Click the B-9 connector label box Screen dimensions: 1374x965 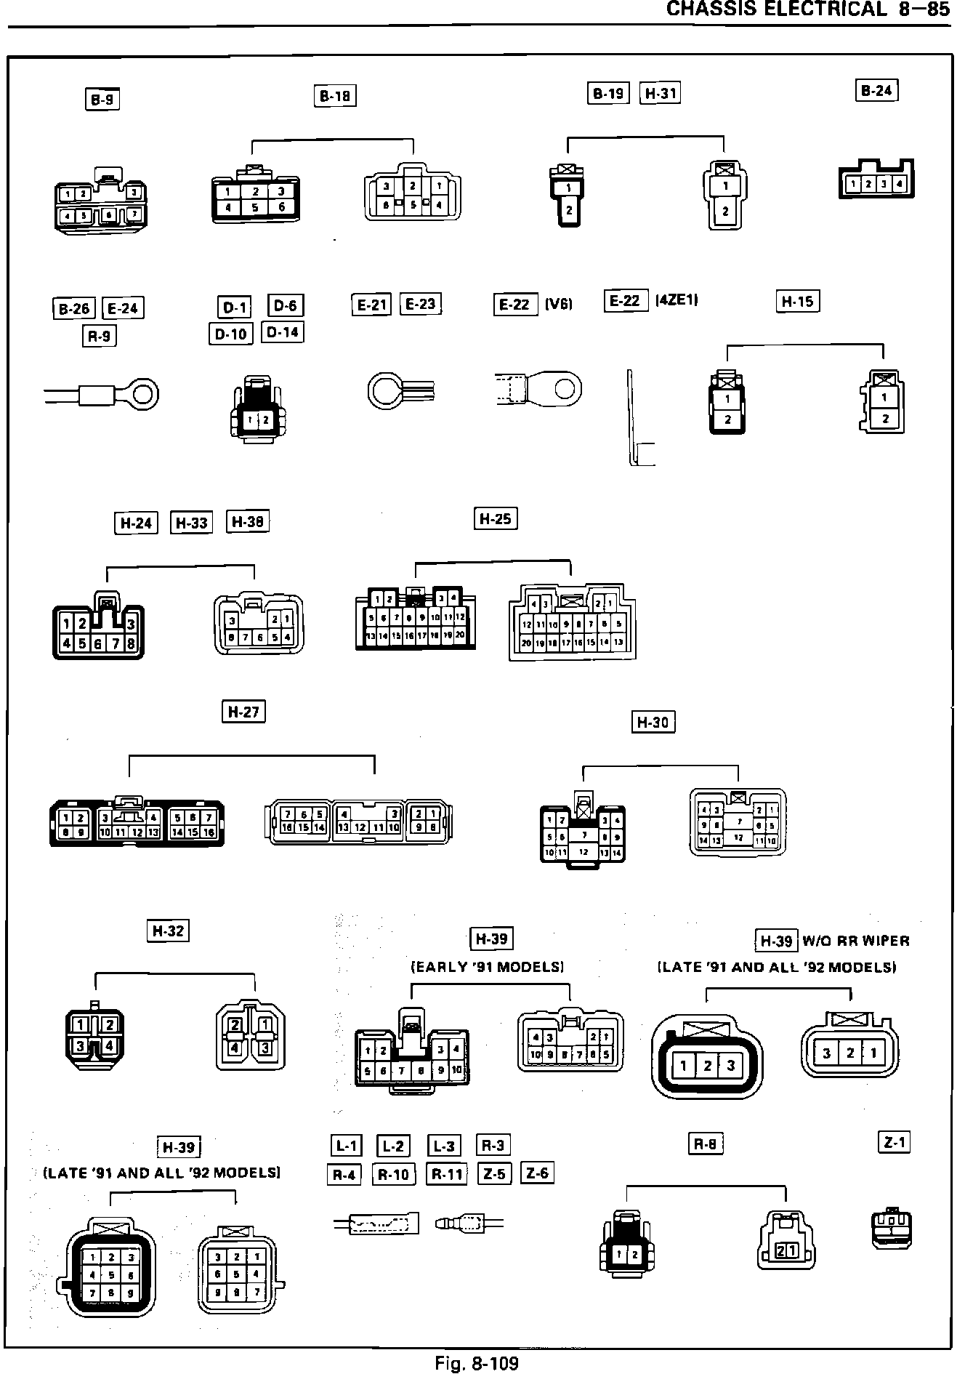[x=102, y=99]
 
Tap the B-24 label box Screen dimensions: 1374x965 [x=876, y=91]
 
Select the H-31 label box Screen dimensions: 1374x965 [x=660, y=93]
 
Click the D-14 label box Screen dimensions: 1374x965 [x=282, y=332]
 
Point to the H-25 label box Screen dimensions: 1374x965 [x=496, y=518]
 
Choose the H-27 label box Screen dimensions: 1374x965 [x=243, y=711]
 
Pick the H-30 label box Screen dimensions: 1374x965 [x=653, y=722]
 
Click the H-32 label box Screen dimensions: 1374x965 [x=168, y=931]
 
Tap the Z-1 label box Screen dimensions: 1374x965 [x=894, y=1143]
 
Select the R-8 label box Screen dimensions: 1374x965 [x=705, y=1144]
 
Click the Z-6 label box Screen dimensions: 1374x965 [x=537, y=1173]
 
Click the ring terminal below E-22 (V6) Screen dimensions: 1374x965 [x=538, y=389]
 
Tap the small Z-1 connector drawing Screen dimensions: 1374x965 [x=892, y=1228]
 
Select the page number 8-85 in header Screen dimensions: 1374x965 [x=924, y=9]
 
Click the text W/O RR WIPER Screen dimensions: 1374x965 [x=856, y=941]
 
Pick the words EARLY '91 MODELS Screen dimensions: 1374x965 [x=488, y=967]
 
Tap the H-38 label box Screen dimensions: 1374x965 [x=248, y=521]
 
